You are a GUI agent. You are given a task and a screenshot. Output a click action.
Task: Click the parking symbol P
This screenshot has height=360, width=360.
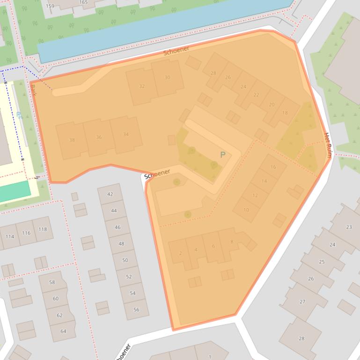tap(223, 155)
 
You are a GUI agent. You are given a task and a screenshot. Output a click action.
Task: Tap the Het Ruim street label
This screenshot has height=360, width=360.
tap(328, 144)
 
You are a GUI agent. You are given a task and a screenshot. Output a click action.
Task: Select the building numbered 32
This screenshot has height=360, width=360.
tap(142, 86)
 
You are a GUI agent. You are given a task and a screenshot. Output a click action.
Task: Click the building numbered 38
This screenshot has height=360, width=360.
tap(72, 140)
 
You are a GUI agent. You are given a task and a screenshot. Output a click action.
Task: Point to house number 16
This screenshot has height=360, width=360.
tap(273, 167)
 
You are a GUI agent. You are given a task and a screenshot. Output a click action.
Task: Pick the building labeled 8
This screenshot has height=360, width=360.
tap(231, 242)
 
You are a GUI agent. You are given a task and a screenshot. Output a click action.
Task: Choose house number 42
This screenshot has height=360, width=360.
tap(110, 194)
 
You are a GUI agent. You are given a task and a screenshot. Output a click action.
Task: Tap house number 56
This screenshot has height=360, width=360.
tap(136, 310)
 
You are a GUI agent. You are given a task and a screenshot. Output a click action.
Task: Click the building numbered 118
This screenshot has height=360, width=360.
tap(43, 229)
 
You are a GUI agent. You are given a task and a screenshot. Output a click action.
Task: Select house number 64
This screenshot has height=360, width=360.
tap(63, 331)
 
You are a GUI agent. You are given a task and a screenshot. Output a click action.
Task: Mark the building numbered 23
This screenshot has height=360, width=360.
tap(349, 227)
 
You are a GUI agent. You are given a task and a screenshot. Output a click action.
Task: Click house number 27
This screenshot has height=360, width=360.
tap(302, 302)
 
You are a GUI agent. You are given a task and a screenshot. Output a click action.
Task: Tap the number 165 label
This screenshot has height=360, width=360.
tap(83, 2)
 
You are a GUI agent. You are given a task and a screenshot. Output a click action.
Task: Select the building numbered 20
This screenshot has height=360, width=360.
tap(272, 105)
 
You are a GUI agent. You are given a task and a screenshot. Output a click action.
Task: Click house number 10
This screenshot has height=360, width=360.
tap(246, 210)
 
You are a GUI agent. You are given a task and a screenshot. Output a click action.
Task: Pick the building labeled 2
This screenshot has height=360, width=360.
tap(180, 253)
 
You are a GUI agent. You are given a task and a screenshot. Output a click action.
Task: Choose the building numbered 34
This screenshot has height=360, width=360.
tap(125, 134)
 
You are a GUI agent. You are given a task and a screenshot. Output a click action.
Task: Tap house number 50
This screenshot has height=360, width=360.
tap(125, 260)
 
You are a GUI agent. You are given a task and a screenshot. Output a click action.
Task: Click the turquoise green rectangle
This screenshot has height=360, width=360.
tap(15, 191)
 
